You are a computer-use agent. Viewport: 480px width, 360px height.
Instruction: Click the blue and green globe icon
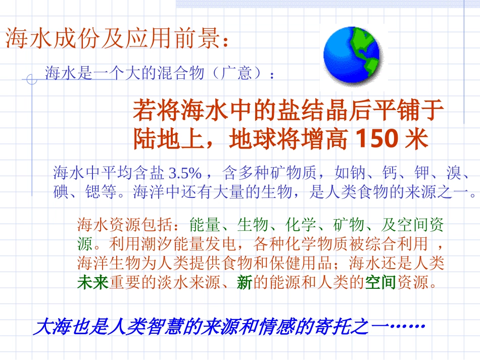tap(352, 56)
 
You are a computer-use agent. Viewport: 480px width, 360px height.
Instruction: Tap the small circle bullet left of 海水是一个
tap(31, 79)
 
